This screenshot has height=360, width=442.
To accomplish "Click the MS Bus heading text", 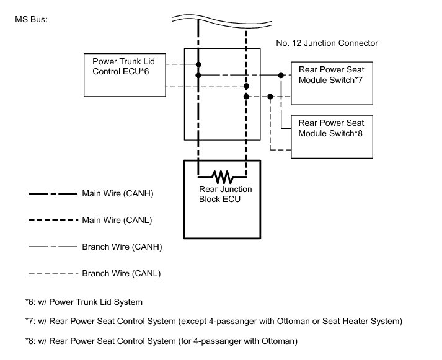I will [x=31, y=19].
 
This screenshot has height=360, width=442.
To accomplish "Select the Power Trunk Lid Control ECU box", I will [x=125, y=74].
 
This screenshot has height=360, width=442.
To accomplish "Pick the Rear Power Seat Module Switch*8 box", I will [x=332, y=136].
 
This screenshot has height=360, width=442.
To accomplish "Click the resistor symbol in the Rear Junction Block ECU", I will [x=221, y=174].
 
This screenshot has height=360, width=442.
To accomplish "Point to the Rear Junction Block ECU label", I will [x=221, y=195].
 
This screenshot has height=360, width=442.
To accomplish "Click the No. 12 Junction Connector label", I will [x=327, y=43].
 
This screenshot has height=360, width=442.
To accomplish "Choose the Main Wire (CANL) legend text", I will [x=117, y=220].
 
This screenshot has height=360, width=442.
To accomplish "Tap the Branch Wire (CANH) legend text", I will [x=122, y=247].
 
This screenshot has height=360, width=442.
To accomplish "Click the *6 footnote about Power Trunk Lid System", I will [x=84, y=302].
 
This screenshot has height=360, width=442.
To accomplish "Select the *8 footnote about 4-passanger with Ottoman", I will [x=161, y=341].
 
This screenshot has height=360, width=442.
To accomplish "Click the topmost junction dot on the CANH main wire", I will [x=198, y=64].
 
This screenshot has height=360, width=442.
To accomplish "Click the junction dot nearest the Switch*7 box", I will [x=281, y=76].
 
